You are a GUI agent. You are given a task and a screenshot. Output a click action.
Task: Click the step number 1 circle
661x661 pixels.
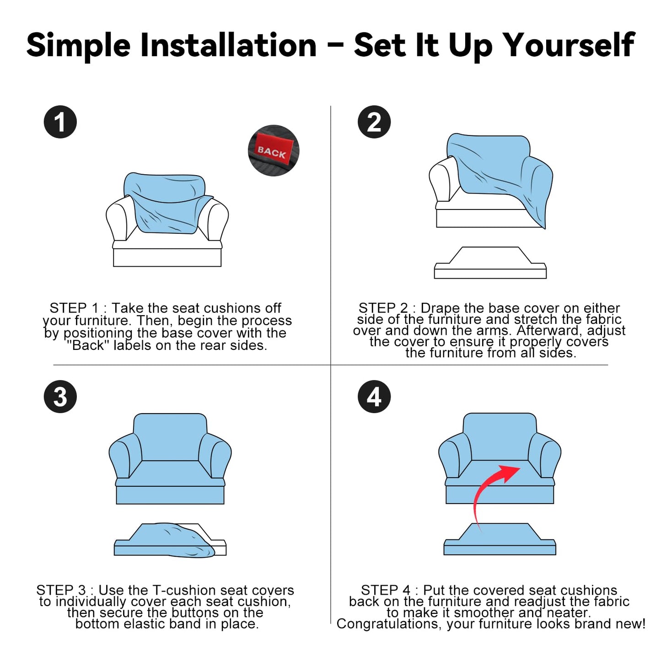[x=60, y=122]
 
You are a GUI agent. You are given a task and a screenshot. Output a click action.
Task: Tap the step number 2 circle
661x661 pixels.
[x=374, y=122]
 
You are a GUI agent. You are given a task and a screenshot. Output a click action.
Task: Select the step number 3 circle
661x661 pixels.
[x=60, y=397]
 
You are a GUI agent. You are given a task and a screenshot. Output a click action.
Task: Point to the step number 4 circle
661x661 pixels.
[x=374, y=397]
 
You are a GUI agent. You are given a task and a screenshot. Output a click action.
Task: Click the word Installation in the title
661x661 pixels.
[x=228, y=45]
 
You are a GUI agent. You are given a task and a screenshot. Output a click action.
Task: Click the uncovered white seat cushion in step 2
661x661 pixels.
[x=490, y=263]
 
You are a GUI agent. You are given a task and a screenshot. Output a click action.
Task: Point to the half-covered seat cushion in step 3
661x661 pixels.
[x=170, y=540]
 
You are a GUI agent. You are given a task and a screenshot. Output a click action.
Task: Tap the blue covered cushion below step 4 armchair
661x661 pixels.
[x=500, y=539]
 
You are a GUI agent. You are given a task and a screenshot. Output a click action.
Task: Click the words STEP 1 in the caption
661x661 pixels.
[x=74, y=308]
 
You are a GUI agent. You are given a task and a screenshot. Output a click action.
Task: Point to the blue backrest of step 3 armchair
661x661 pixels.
[x=170, y=436]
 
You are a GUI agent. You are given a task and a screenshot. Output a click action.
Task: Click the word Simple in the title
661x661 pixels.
[x=78, y=46]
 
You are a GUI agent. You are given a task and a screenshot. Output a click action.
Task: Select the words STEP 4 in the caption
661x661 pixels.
[x=386, y=591]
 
